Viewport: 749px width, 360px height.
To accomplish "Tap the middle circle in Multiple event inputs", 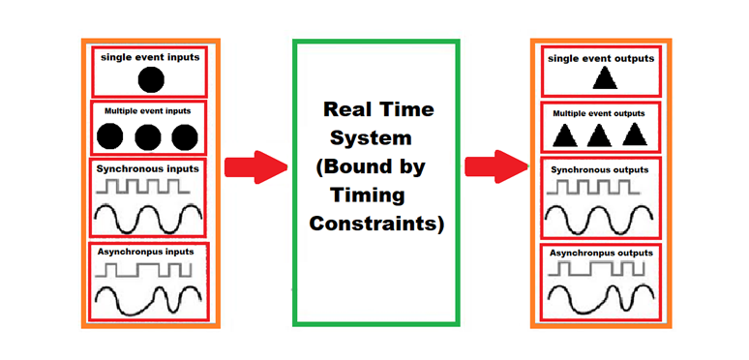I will coord(148,136).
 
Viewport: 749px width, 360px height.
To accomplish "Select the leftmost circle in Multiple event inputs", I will coord(111,136).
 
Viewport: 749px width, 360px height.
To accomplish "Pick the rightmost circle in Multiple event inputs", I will coord(184,136).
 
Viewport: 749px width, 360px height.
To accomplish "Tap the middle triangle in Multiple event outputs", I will coord(599,135).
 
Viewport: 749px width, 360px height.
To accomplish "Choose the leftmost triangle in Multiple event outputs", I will coord(563,135).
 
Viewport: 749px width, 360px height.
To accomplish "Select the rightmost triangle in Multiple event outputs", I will coord(634,135).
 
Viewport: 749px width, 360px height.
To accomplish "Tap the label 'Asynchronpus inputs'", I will coord(146,253).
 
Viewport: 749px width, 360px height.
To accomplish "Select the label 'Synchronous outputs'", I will coord(599,170).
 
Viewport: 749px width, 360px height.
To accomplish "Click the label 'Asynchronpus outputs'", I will coord(600,254).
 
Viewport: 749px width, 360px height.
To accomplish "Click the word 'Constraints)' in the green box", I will coord(376,225).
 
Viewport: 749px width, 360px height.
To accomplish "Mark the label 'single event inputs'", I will coord(150,57).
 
